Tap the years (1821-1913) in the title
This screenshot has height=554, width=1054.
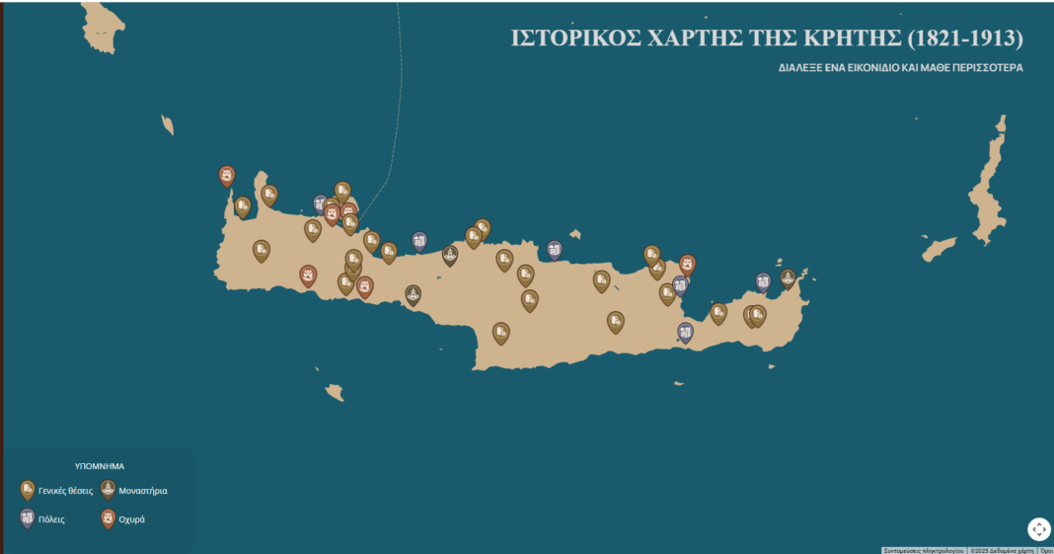pyautogui.click(x=964, y=39)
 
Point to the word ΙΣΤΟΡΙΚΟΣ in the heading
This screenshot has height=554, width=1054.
pyautogui.click(x=573, y=39)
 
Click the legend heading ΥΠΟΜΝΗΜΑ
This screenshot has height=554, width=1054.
pyautogui.click(x=100, y=466)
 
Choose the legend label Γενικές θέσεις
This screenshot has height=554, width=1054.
pyautogui.click(x=65, y=490)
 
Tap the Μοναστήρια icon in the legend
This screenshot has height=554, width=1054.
pyautogui.click(x=108, y=490)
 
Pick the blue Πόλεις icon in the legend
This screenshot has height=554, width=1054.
pyautogui.click(x=28, y=517)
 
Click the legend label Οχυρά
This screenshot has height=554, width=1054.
pyautogui.click(x=131, y=518)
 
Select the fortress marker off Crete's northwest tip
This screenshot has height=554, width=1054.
pyautogui.click(x=227, y=175)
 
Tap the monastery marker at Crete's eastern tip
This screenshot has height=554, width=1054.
pyautogui.click(x=788, y=277)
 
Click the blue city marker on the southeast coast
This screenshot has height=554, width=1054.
pyautogui.click(x=686, y=332)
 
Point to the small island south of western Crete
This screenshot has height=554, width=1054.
pyautogui.click(x=336, y=392)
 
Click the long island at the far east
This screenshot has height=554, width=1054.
pyautogui.click(x=988, y=187)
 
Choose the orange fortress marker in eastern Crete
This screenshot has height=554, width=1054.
pyautogui.click(x=688, y=264)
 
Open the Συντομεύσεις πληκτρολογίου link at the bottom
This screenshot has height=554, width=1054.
pyautogui.click(x=923, y=550)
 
